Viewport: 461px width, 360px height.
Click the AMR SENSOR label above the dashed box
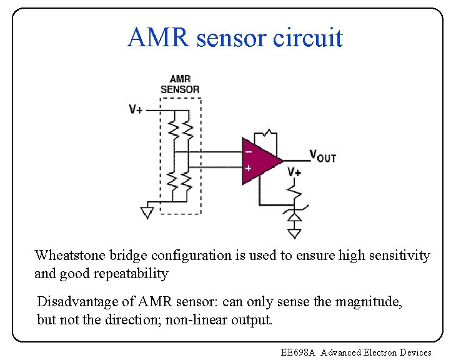click(180, 84)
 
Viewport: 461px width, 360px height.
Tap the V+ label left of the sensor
click(136, 109)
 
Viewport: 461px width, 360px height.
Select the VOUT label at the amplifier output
click(323, 156)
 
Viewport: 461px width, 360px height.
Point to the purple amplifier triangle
click(259, 160)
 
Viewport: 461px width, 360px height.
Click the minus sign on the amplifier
click(248, 151)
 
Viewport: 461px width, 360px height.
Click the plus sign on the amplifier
click(248, 169)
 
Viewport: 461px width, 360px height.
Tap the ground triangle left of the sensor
click(147, 212)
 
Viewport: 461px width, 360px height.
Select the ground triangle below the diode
click(294, 234)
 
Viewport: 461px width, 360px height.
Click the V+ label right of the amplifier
click(294, 172)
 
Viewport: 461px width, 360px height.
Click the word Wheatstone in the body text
click(70, 256)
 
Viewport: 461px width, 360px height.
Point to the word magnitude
click(368, 302)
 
